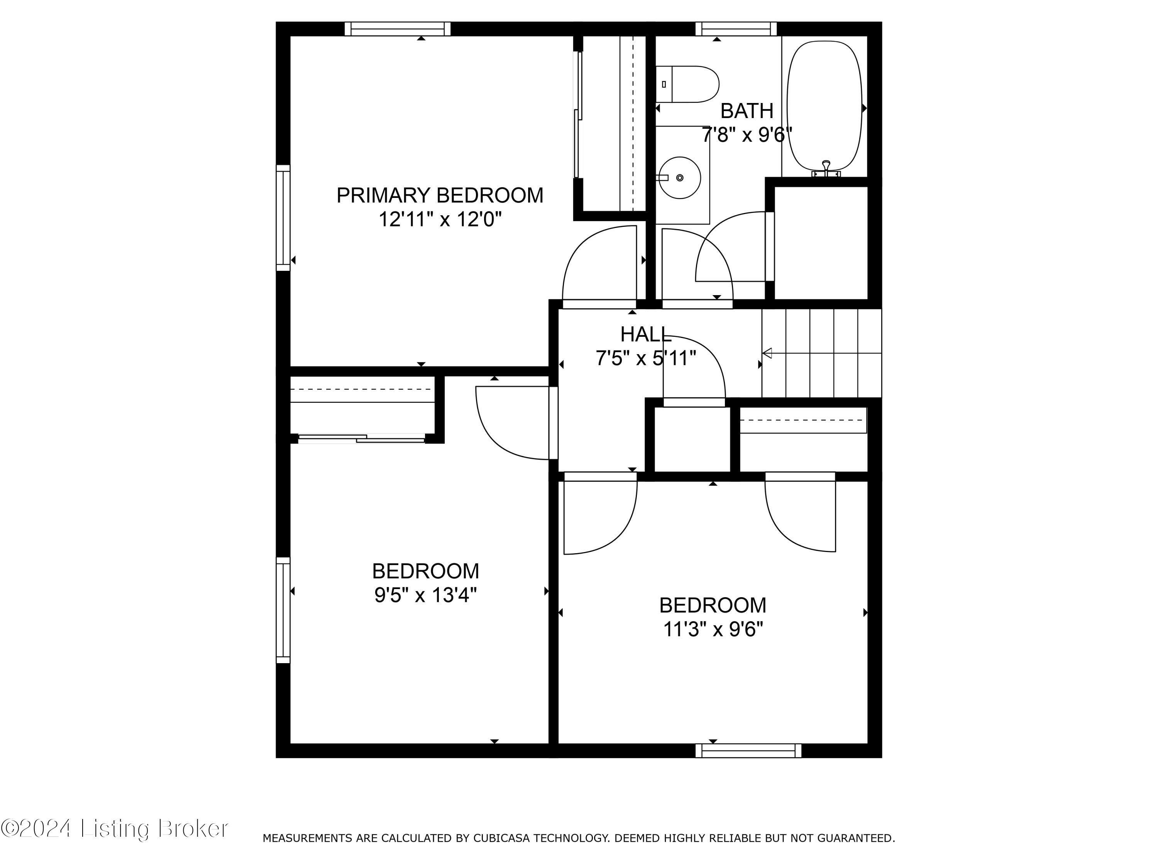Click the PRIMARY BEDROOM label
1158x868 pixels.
click(x=439, y=195)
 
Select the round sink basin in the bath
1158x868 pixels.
click(x=679, y=178)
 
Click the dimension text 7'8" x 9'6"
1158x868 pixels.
click(x=747, y=135)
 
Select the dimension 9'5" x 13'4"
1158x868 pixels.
click(x=425, y=595)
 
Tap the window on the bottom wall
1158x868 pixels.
click(x=748, y=751)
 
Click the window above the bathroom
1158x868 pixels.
click(x=736, y=29)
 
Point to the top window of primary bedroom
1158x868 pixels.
click(x=397, y=29)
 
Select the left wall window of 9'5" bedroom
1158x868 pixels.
click(x=283, y=610)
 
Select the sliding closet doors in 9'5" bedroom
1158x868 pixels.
click(x=361, y=439)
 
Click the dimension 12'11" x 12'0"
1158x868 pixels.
click(x=440, y=219)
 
